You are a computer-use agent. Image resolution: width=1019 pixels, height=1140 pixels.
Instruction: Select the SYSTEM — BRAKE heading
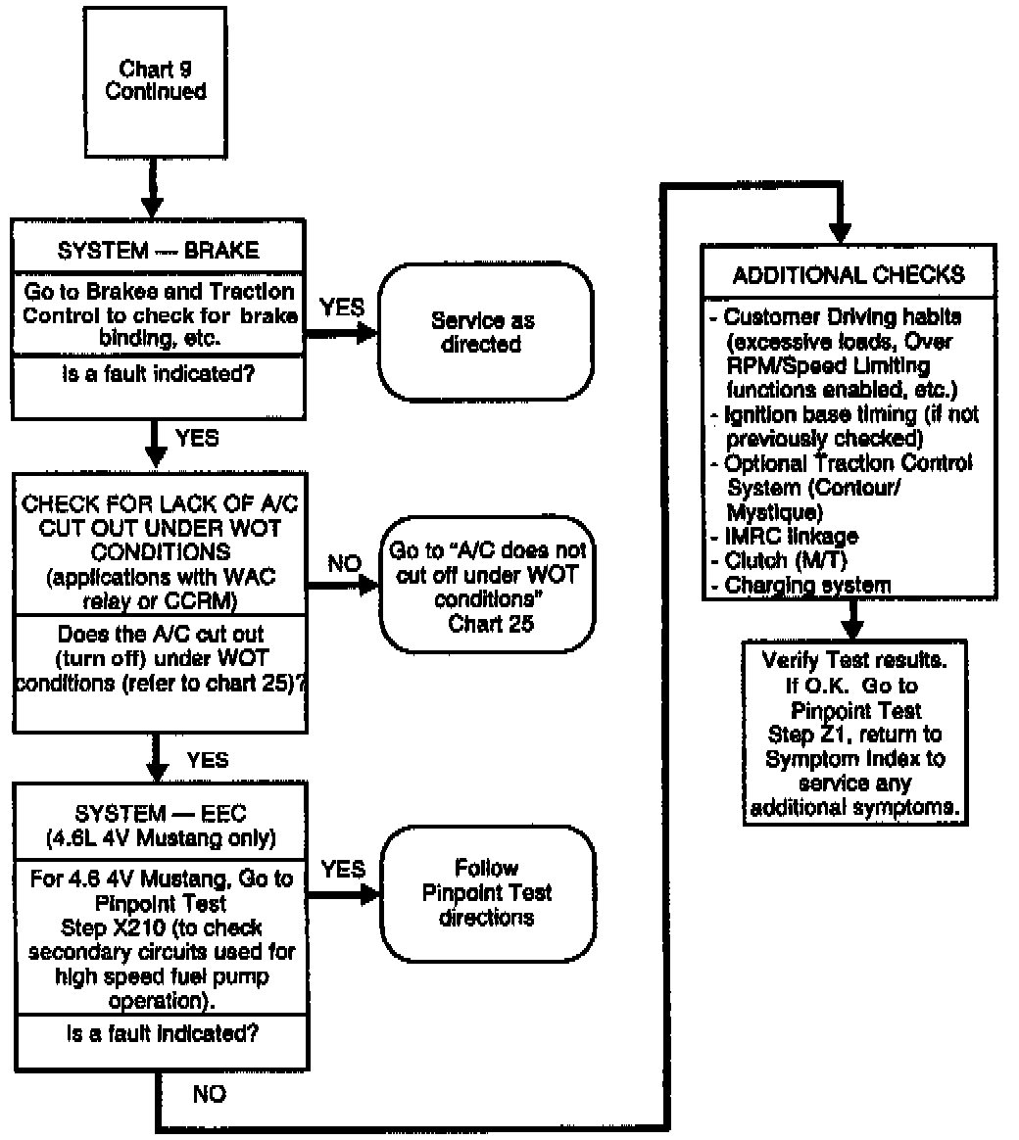[158, 250]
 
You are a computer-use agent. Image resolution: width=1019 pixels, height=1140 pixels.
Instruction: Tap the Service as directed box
[487, 333]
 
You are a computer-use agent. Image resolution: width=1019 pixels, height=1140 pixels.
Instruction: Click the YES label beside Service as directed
[343, 308]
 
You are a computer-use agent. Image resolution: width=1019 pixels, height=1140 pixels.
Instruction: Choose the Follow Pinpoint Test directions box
[487, 892]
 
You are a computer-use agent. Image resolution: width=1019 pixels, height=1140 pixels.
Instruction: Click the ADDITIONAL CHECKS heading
[848, 274]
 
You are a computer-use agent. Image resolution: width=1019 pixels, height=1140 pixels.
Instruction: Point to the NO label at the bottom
[209, 1094]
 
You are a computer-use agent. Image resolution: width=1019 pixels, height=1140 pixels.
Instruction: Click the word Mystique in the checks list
[771, 510]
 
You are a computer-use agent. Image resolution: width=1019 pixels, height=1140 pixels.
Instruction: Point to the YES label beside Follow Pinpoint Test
[343, 870]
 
